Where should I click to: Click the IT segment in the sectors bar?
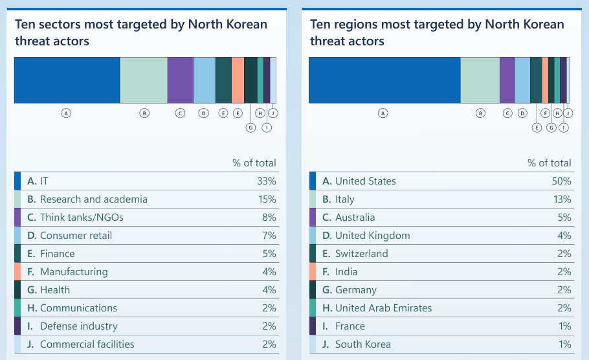(67, 80)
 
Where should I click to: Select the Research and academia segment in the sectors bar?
(144, 80)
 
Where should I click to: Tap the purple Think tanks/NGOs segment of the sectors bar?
(180, 80)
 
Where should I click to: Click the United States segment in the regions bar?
(384, 80)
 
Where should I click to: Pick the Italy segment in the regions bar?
(480, 80)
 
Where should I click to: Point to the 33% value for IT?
(267, 181)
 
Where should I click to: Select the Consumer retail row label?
(76, 236)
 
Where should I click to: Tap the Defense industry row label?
(78, 326)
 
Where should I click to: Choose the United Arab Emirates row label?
(383, 308)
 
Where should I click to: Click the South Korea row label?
(362, 344)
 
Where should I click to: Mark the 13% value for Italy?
(562, 199)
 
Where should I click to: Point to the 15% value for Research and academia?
(267, 199)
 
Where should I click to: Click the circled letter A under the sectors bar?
(65, 113)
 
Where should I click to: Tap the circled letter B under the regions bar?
(480, 113)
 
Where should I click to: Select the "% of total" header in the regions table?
(550, 163)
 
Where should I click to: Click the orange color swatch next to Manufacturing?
(17, 272)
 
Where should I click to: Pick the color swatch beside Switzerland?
(313, 254)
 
